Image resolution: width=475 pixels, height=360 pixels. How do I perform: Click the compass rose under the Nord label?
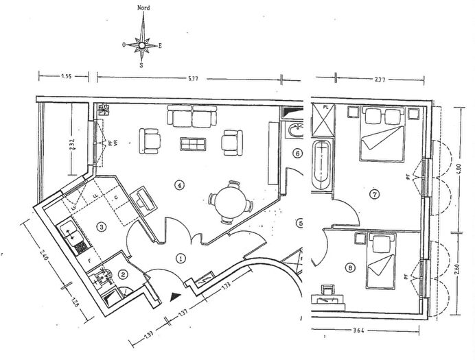(x=142, y=45)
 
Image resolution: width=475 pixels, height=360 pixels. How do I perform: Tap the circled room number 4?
(x=180, y=184)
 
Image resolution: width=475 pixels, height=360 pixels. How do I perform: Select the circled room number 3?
(x=101, y=226)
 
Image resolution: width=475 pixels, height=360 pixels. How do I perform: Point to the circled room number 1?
(x=181, y=259)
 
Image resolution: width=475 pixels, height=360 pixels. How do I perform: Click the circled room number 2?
(x=123, y=275)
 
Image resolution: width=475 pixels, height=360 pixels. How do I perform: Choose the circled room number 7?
(x=375, y=194)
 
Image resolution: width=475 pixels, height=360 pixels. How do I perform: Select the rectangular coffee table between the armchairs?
(x=193, y=144)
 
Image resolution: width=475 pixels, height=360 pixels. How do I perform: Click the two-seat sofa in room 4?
(x=192, y=118)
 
